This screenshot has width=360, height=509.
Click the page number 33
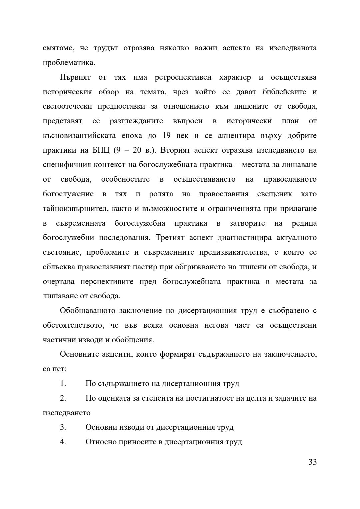312,462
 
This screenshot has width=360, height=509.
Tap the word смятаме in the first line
57,48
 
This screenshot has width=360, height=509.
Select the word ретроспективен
183,77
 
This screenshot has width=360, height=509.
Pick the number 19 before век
167,136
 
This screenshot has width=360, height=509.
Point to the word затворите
247,223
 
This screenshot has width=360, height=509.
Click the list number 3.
63,427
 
